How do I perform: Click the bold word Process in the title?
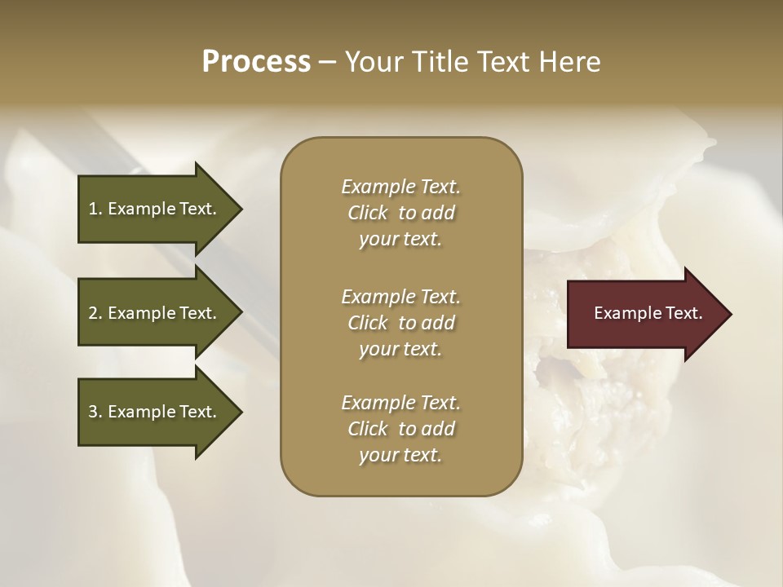[x=256, y=62]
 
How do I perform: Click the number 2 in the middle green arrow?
[x=93, y=313]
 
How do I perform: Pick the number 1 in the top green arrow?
[x=93, y=209]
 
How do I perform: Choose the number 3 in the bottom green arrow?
[x=93, y=412]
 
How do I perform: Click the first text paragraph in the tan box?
[x=400, y=213]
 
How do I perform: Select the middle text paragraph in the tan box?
[x=400, y=323]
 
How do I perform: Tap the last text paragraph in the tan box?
[x=400, y=429]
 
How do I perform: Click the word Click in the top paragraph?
[x=368, y=213]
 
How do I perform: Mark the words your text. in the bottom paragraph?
[x=400, y=456]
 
